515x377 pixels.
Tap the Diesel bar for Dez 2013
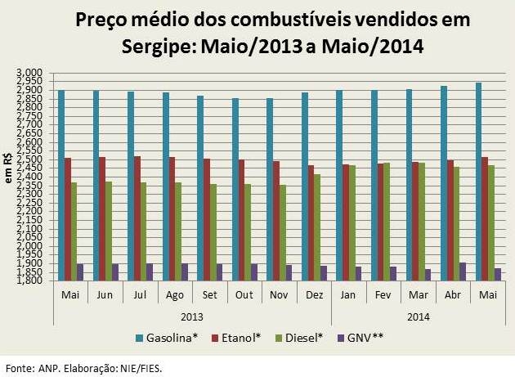point(316,227)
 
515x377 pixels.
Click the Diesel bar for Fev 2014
point(387,222)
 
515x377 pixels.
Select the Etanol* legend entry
point(239,337)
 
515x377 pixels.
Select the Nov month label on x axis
point(279,293)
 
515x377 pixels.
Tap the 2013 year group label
point(192,315)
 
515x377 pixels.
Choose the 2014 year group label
point(419,315)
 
